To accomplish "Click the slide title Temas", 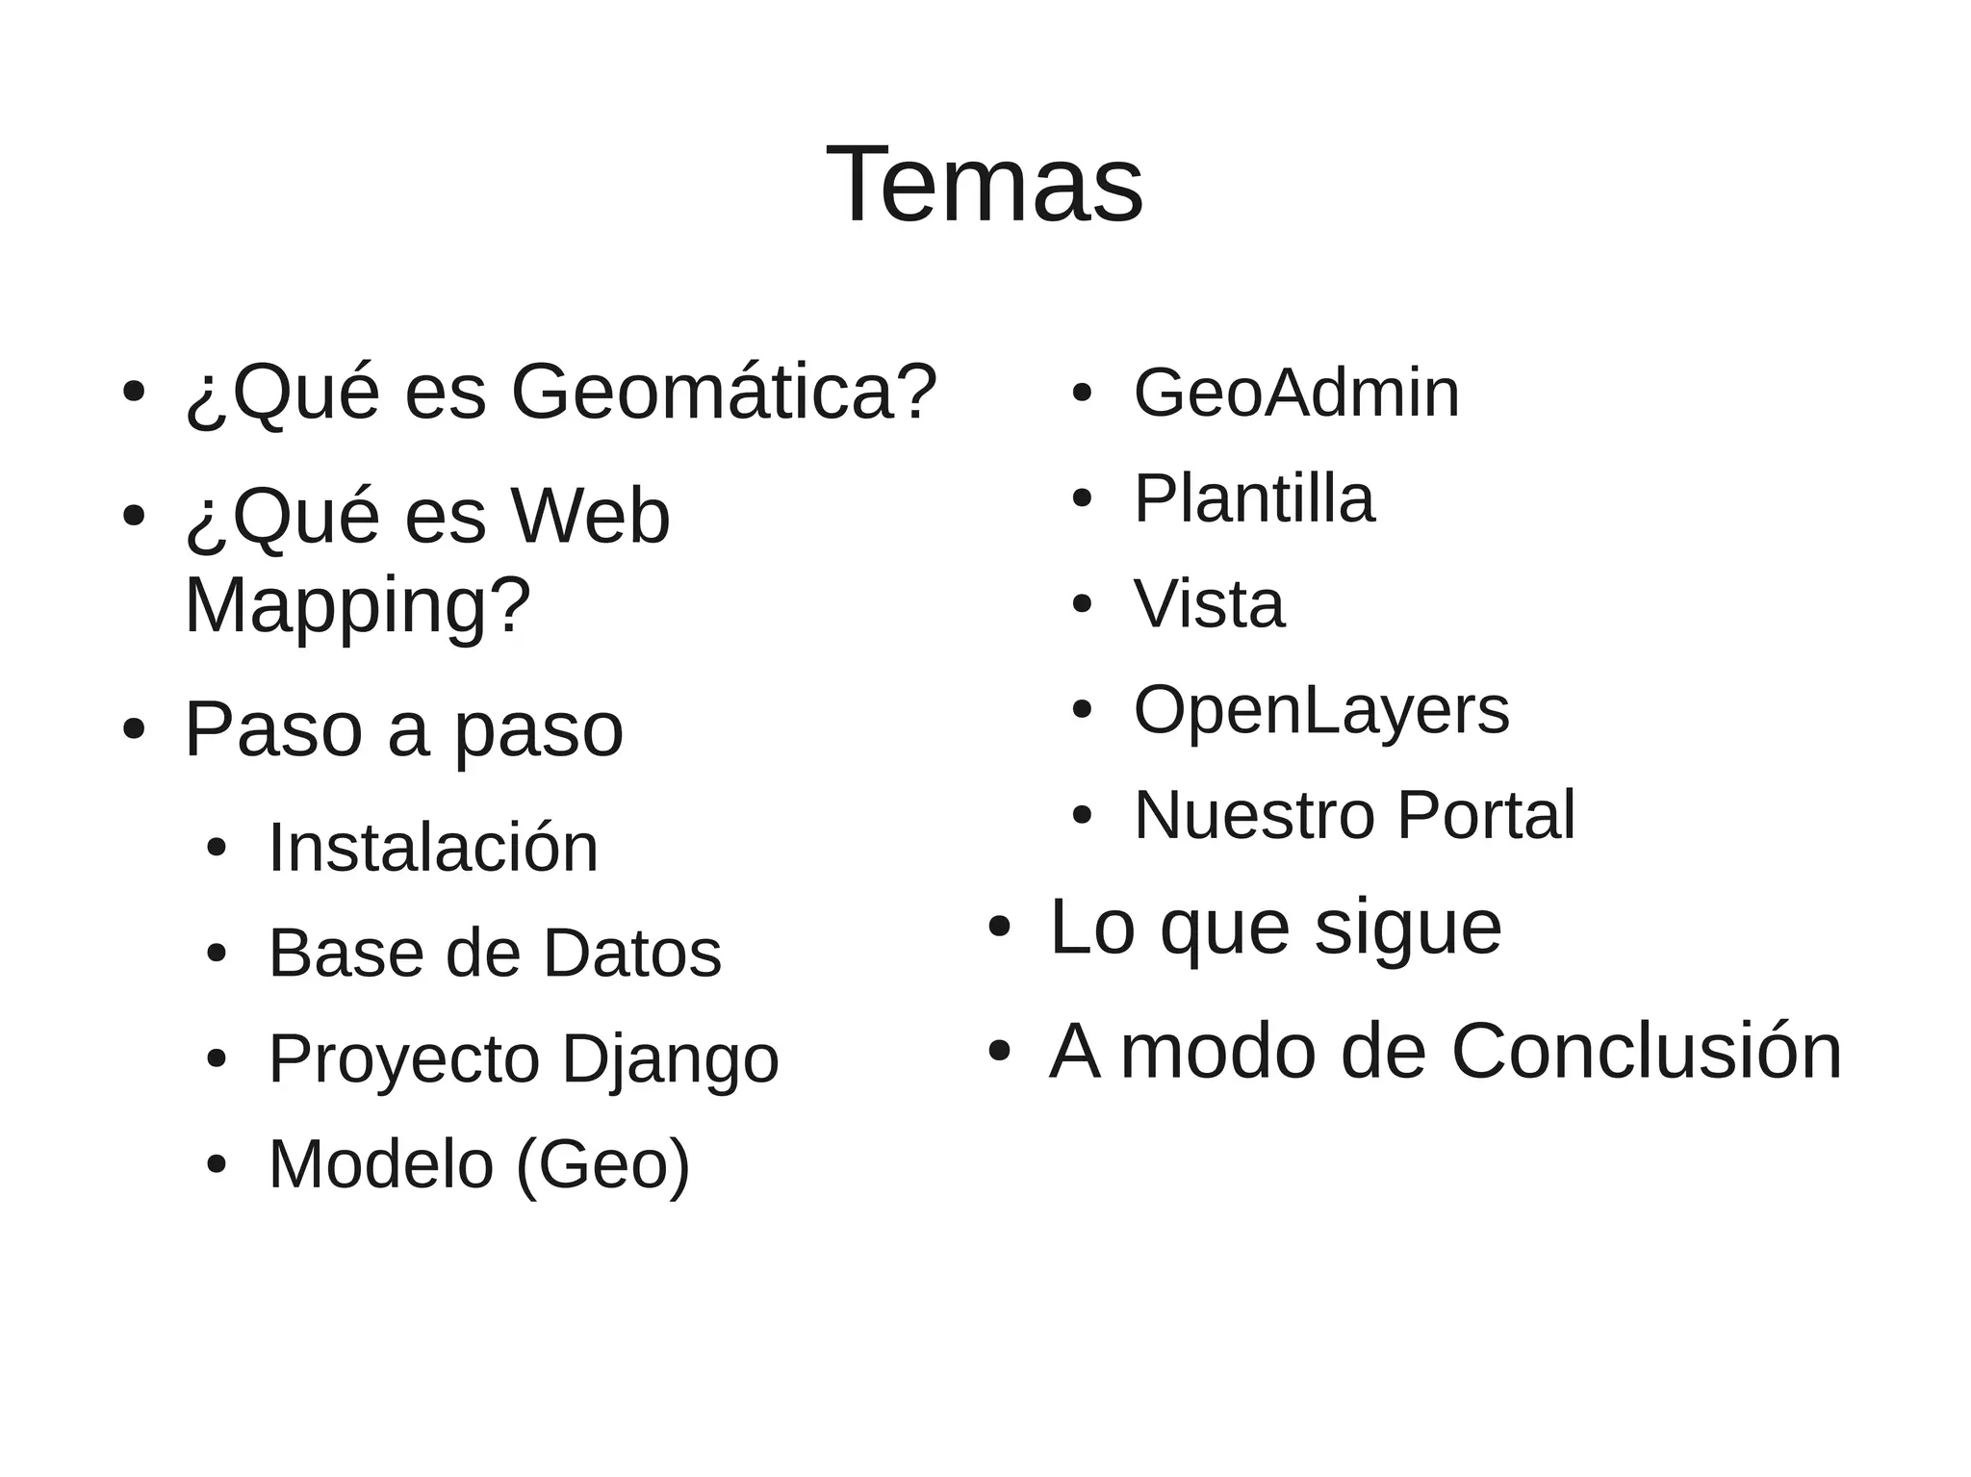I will click(x=985, y=185).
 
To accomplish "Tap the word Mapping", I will click(x=357, y=605).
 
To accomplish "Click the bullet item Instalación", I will click(x=433, y=848).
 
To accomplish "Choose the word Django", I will click(x=670, y=1059).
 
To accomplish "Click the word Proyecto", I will click(x=404, y=1059).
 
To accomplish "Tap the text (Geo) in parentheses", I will click(x=603, y=1165).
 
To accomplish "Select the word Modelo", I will click(x=381, y=1165).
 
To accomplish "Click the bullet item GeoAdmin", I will click(x=1296, y=393).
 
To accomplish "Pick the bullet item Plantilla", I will click(x=1254, y=498).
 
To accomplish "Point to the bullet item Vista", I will click(x=1209, y=604).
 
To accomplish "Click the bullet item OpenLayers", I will click(x=1321, y=710).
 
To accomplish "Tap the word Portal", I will click(x=1486, y=816).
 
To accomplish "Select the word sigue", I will click(x=1408, y=927).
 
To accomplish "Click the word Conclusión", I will click(x=1646, y=1052).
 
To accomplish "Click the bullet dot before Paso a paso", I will click(x=134, y=729).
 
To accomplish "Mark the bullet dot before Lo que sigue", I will click(x=999, y=927).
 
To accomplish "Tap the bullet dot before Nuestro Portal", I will click(x=1082, y=816).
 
